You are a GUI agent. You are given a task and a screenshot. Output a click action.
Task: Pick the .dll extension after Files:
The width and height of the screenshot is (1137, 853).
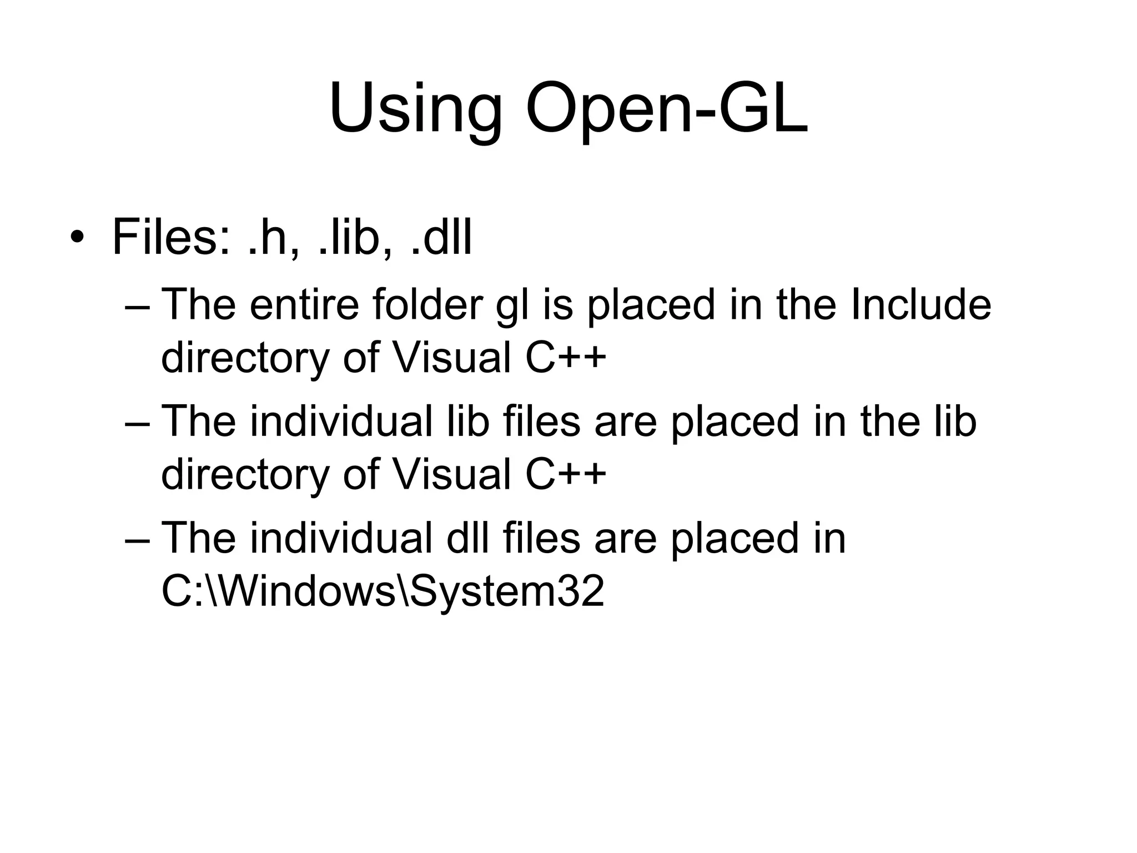tap(441, 238)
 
